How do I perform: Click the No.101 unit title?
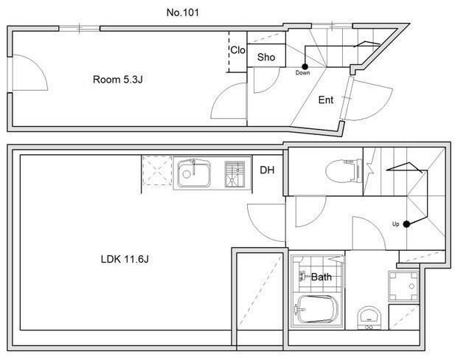pos(183,13)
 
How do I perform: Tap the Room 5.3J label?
pos(118,80)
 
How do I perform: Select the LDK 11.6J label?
pos(125,259)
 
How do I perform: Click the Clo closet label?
pos(237,50)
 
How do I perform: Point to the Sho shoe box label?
pos(266,57)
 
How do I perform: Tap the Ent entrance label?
pos(326,100)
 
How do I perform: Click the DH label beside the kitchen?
pos(267,170)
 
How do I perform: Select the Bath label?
pos(322,277)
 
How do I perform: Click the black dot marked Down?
pos(305,66)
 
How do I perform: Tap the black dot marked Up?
pos(406,224)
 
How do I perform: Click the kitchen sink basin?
pos(194,173)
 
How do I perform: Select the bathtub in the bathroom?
pos(316,310)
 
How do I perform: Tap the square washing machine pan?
pos(403,286)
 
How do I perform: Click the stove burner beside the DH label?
pos(235,173)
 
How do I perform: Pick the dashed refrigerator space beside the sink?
pos(157,170)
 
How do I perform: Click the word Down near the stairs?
pos(302,73)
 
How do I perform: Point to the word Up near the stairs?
pos(395,224)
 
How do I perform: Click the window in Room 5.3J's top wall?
pos(79,29)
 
